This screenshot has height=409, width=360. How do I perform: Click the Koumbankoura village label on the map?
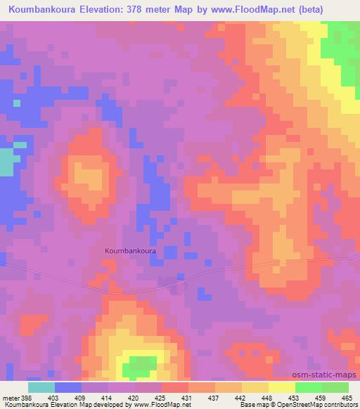click(130, 249)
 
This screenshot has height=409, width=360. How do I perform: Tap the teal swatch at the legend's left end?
click(41, 387)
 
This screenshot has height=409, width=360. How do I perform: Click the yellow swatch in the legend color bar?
click(282, 387)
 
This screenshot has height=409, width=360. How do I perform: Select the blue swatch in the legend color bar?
click(68, 387)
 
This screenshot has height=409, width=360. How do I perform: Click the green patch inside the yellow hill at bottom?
click(141, 365)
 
